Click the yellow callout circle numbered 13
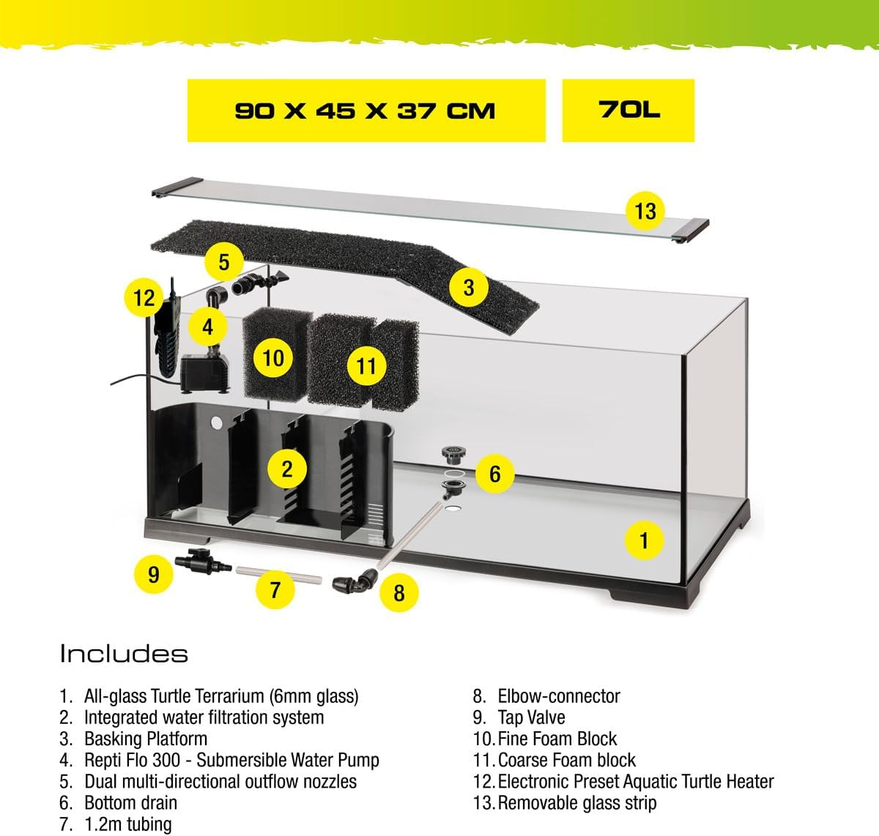coord(645,211)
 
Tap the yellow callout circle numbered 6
coord(494,474)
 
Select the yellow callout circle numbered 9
coord(153,574)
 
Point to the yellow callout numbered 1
coord(644,540)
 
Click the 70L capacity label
coord(628,110)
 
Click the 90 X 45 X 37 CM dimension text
coord(365,111)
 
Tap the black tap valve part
coord(203,560)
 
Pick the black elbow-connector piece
coord(355,582)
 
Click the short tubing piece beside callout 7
coord(278,575)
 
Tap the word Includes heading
coord(124,654)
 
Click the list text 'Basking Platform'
coord(146,739)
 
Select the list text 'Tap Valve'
coord(531,717)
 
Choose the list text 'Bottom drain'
coord(130,803)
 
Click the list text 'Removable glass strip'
coord(577,803)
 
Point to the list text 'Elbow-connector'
coord(559,696)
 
